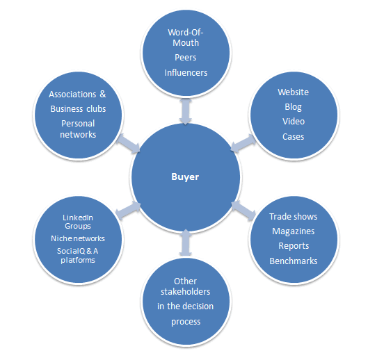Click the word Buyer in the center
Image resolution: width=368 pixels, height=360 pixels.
click(185, 177)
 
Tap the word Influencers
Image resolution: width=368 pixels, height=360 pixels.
click(185, 72)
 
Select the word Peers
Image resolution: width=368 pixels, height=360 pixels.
click(185, 58)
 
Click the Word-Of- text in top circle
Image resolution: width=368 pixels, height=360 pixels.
click(185, 32)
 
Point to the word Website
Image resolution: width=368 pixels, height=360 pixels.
click(293, 92)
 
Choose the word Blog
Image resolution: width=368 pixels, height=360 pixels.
click(293, 106)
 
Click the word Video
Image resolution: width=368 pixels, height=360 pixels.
click(293, 121)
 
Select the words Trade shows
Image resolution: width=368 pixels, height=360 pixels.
click(294, 217)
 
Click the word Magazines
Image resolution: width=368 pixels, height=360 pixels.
click(294, 231)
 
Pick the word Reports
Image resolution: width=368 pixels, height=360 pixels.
click(294, 246)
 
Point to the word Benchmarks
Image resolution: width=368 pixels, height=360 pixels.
click(294, 261)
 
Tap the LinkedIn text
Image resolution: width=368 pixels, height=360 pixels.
click(77, 217)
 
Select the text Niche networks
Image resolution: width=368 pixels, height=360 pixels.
click(77, 238)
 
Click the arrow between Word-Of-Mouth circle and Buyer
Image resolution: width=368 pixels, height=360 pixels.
click(185, 111)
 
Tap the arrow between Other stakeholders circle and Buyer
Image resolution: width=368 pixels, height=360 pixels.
click(185, 243)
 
